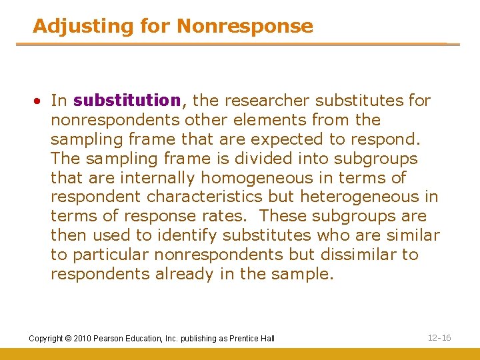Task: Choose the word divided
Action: (287, 159)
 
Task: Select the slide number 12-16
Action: (439, 338)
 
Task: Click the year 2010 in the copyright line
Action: (83, 339)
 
